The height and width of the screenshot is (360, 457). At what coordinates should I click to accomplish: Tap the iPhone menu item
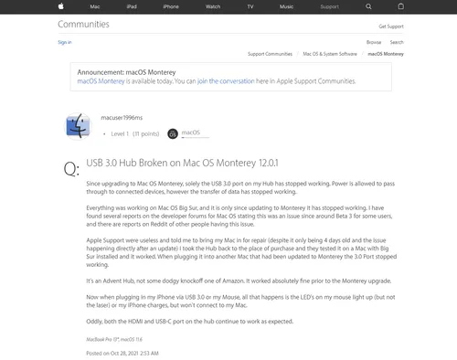click(x=171, y=6)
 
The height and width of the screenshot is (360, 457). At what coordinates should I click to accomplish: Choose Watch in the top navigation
click(x=212, y=6)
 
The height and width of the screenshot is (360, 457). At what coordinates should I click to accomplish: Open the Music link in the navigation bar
click(x=286, y=6)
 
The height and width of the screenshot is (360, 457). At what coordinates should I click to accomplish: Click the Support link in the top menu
click(x=328, y=6)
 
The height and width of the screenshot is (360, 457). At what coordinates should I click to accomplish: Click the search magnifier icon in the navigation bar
click(x=370, y=6)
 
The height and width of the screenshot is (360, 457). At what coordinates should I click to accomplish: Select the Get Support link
click(x=390, y=26)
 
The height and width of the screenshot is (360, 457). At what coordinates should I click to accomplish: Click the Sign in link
click(x=64, y=42)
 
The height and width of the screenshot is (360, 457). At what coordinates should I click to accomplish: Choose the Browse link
click(x=374, y=42)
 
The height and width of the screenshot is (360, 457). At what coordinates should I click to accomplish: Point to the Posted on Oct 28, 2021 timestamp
click(x=122, y=351)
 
